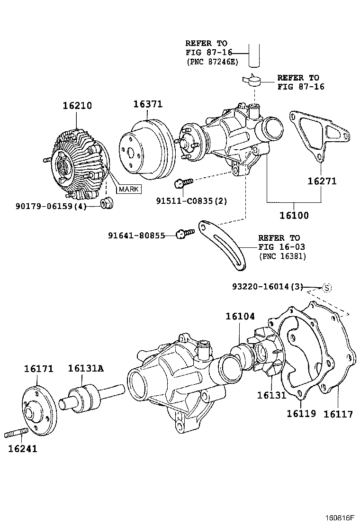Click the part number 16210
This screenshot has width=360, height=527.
[78, 106]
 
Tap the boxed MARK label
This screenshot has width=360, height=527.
[129, 189]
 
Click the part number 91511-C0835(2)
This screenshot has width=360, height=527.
[191, 200]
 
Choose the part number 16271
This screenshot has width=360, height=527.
[322, 181]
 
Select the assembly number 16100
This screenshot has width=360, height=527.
[294, 215]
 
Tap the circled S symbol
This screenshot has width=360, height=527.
[327, 287]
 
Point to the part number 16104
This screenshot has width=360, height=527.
[240, 316]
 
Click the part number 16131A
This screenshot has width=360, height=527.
[86, 368]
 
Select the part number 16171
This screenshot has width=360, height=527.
[39, 369]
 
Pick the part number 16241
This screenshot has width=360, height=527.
[22, 448]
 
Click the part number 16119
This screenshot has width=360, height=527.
[301, 413]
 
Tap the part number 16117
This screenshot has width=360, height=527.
[338, 414]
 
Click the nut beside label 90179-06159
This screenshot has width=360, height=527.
[107, 204]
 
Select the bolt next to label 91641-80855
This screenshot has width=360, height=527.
[184, 234]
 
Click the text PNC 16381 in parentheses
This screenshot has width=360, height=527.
[282, 256]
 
